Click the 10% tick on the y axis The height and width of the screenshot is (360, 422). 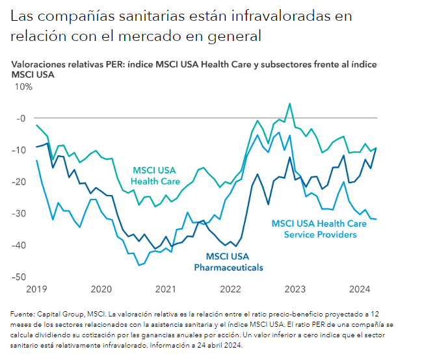[x=25, y=86]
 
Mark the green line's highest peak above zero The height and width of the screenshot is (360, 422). [x=290, y=103]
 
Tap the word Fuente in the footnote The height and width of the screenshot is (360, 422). [x=23, y=314]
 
